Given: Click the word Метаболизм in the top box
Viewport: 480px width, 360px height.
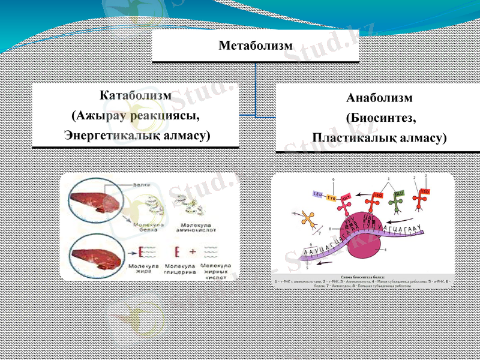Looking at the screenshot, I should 256,46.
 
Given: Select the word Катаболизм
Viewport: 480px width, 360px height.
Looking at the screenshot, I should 135,96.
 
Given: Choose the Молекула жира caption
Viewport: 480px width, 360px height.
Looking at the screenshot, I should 143,268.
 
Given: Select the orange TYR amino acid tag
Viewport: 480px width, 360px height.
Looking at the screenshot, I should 332,197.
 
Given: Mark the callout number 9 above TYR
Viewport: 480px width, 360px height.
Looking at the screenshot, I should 334,180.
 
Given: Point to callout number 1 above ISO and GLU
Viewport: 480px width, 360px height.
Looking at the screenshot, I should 389,179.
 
